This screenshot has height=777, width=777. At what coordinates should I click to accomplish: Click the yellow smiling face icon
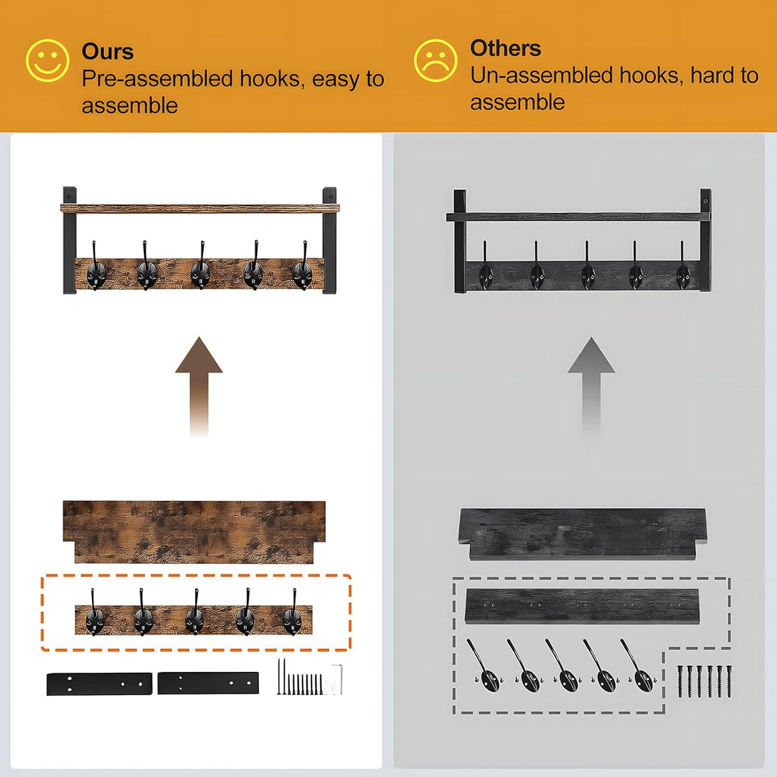click(47, 60)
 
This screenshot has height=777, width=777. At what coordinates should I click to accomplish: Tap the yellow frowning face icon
click(436, 60)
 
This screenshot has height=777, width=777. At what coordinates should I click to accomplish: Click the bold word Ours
click(107, 51)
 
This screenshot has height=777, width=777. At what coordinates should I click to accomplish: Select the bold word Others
click(505, 48)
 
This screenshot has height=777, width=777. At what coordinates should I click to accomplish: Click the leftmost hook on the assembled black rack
click(486, 269)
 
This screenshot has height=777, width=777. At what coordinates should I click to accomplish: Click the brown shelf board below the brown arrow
click(194, 531)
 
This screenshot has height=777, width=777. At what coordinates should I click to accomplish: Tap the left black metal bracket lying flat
click(99, 683)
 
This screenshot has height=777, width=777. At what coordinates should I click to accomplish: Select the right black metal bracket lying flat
click(208, 683)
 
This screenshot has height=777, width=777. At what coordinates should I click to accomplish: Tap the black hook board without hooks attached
click(582, 606)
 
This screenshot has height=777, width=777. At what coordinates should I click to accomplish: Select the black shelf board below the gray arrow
click(583, 533)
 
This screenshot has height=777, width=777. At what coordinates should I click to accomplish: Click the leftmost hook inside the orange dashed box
click(94, 615)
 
